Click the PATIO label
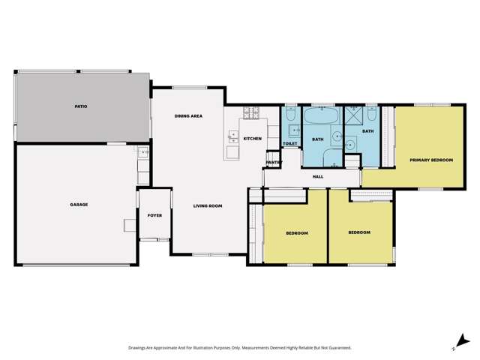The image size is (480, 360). [80, 106]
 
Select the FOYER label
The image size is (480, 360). [154, 215]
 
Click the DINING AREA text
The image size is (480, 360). [188, 116]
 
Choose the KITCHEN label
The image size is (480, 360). [252, 139]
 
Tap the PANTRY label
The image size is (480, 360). [273, 162]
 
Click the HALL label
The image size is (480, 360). [317, 177]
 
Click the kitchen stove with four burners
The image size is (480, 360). [250, 115]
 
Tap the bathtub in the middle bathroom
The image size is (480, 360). [322, 116]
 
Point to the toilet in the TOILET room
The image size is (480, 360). [290, 115]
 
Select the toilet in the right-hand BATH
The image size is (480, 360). [370, 115]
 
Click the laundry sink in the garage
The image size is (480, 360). [142, 151]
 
